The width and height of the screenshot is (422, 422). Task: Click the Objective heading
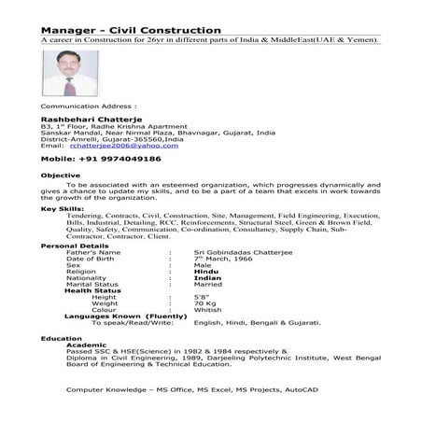pyautogui.click(x=61, y=176)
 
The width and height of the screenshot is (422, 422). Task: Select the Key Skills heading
pyautogui.click(x=63, y=208)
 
